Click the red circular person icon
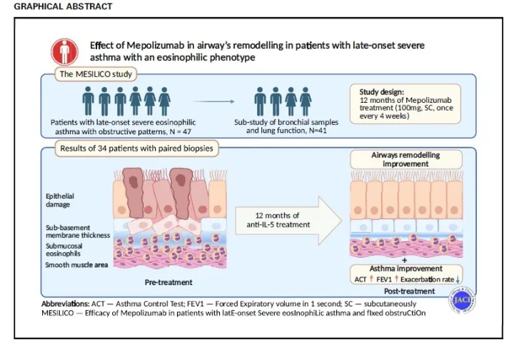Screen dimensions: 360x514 (65, 51)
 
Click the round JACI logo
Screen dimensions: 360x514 (465, 299)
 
